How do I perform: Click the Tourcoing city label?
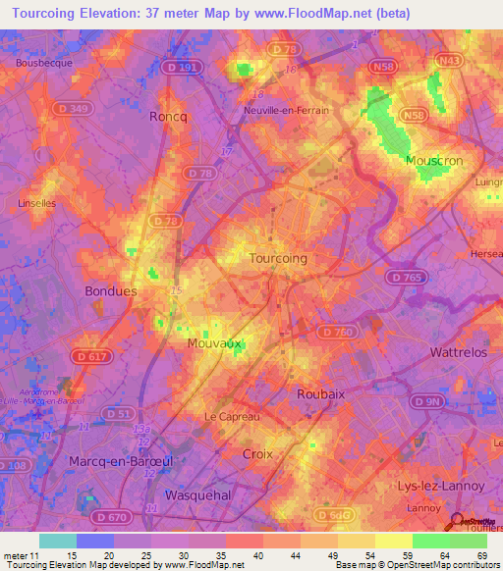click(278, 258)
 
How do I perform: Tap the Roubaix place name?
click(320, 393)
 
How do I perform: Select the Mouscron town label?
click(434, 160)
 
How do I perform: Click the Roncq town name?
click(167, 116)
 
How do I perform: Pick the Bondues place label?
click(111, 291)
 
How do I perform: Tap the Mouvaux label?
click(214, 344)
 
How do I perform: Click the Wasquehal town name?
click(198, 494)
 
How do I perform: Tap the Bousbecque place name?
click(40, 63)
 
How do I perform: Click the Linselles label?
click(37, 203)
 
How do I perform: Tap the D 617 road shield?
click(88, 354)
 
